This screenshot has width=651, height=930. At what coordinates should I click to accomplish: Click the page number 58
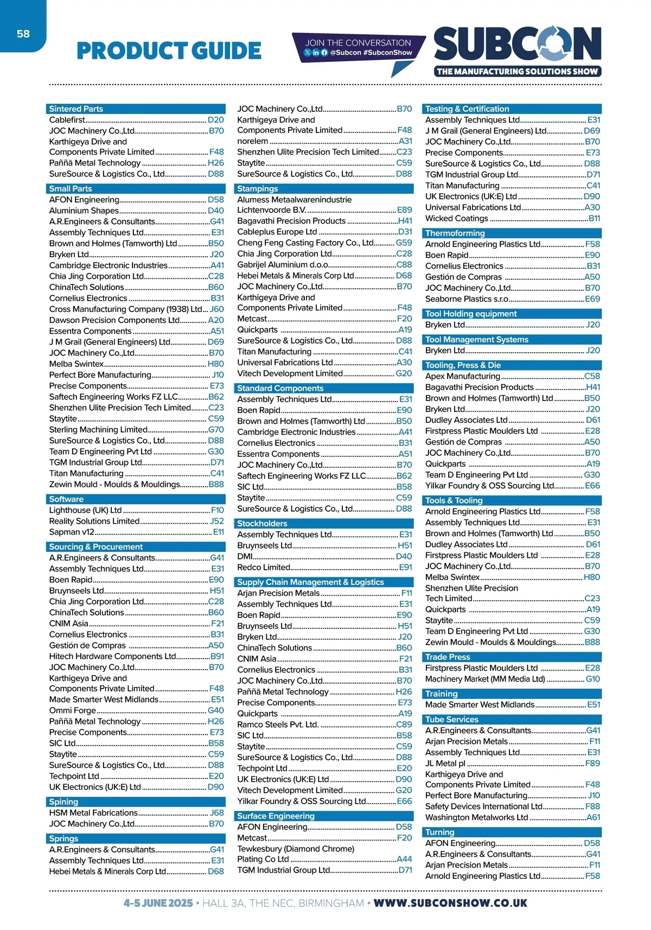23,34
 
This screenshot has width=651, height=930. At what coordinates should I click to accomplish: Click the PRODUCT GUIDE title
169,51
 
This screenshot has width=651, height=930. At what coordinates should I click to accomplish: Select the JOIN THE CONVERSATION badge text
358,42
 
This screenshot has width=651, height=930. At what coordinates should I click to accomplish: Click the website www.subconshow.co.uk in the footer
450,903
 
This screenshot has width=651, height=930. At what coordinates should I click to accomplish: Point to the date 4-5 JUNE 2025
158,903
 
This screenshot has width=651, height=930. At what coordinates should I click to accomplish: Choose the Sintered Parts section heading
76,109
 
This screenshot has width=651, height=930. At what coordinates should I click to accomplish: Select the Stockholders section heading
262,524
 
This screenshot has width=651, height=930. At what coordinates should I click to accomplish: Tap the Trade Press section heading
448,657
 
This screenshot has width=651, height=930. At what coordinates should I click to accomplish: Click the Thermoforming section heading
455,233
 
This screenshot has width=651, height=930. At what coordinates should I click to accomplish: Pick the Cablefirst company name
67,120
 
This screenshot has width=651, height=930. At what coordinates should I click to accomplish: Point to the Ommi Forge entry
73,710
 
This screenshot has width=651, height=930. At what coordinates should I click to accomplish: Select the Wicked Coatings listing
457,219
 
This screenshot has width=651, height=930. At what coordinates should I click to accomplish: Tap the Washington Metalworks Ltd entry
476,817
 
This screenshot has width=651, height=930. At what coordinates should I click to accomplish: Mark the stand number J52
216,521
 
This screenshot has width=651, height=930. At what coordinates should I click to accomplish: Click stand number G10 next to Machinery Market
592,679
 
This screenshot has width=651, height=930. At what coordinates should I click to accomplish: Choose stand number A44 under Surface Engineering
404,859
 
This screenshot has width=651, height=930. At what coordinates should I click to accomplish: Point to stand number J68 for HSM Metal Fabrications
217,813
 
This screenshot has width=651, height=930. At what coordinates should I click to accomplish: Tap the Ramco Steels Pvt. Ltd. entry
278,724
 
